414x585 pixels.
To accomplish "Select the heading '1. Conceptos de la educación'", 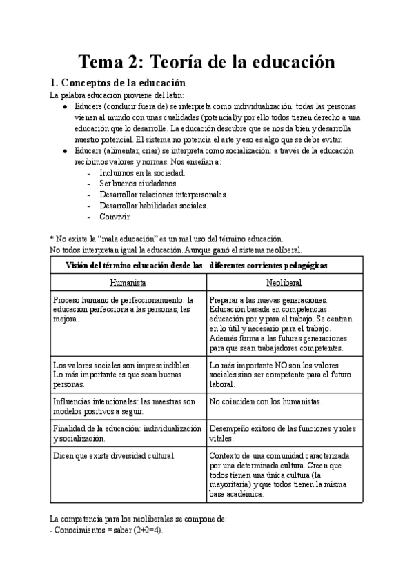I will coord(119,83).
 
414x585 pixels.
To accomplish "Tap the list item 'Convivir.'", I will coord(115,217).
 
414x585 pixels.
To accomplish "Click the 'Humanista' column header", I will coord(128,283).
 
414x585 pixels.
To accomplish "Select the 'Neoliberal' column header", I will coord(284,283).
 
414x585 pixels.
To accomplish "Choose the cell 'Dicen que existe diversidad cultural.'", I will coord(115,455).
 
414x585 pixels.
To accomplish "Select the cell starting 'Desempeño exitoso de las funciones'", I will coord(282,433).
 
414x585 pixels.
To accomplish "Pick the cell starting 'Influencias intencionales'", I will coord(115,406).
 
